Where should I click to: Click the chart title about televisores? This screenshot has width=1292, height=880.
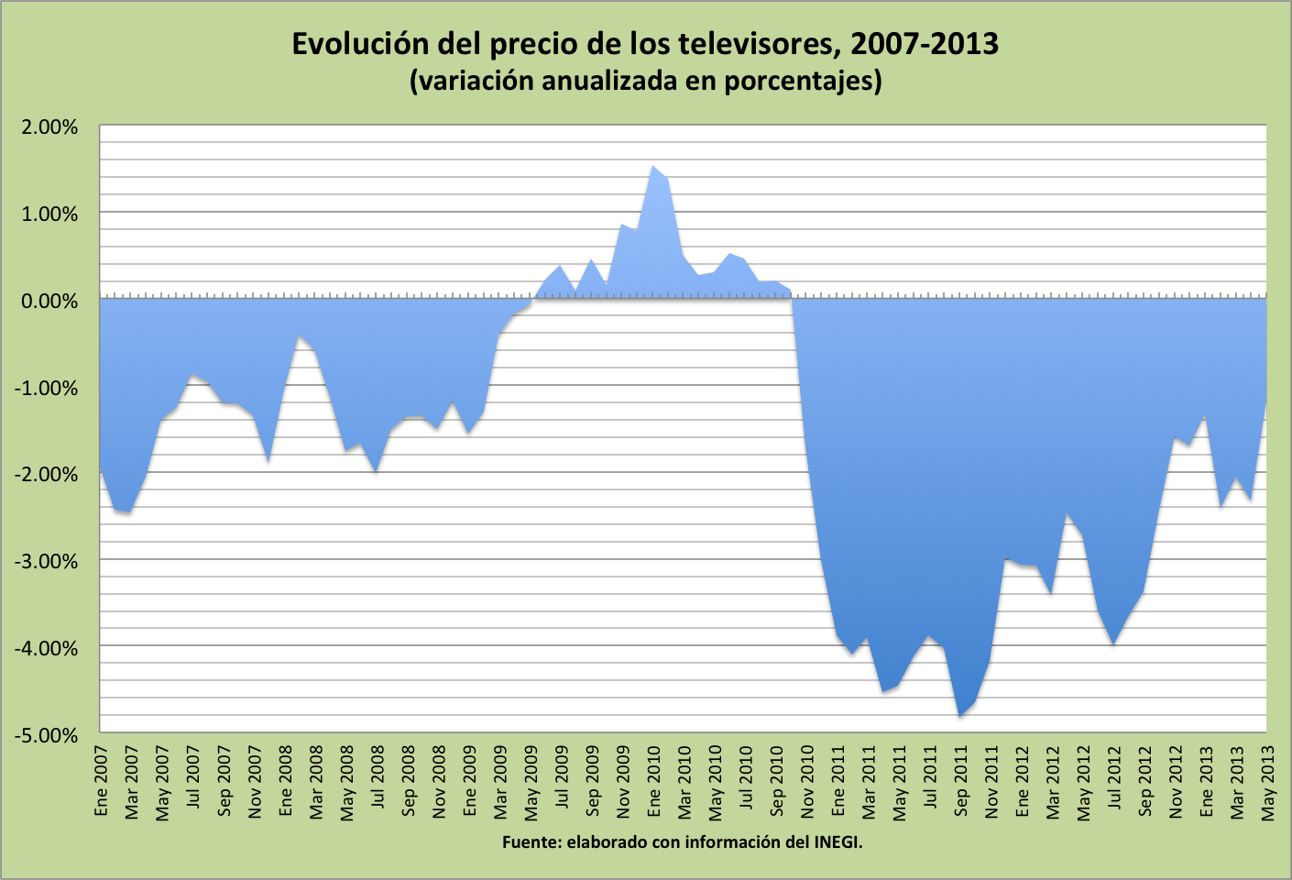coord(645,43)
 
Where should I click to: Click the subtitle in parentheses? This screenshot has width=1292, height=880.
coord(645,81)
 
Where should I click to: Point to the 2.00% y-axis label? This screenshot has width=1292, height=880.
coord(49,127)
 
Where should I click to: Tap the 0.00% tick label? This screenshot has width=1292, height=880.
coord(49,301)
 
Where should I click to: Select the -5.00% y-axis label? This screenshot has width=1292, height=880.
coord(46,735)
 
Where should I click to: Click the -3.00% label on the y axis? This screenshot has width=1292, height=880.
coord(46,561)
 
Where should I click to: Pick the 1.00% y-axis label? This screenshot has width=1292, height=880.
coord(49,214)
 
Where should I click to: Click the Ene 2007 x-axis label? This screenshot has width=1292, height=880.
coord(102,781)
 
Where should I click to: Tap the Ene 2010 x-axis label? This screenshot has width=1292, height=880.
coord(654,781)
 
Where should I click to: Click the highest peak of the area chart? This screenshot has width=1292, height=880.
coord(652,167)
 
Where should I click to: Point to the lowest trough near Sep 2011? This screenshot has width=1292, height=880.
coord(959,716)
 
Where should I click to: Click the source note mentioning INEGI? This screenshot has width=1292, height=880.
coord(683,841)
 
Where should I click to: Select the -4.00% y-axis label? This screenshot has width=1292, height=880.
coord(46,648)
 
